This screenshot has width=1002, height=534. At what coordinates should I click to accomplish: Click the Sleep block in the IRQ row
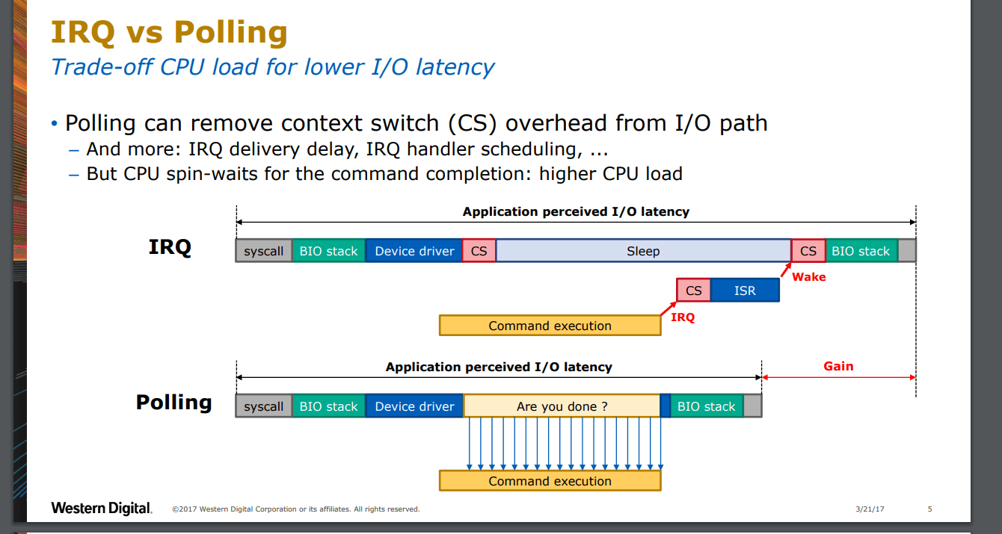(x=643, y=251)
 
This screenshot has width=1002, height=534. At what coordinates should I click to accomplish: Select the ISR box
(x=745, y=291)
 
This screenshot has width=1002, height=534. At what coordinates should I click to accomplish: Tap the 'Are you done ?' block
(x=562, y=406)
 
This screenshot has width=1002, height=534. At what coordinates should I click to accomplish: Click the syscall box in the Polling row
(x=264, y=406)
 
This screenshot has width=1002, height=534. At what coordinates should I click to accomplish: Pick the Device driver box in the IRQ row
(x=414, y=251)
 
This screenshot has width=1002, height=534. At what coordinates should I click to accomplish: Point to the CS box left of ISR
(x=694, y=291)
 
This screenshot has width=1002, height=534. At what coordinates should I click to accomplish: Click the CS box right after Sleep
(x=808, y=251)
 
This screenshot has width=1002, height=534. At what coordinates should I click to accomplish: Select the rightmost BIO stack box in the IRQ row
(x=861, y=251)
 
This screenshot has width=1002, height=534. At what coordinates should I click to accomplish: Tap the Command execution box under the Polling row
(x=550, y=481)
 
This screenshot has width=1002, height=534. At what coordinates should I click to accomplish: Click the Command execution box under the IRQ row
(x=550, y=326)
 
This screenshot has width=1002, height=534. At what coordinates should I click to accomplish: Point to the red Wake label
(x=809, y=277)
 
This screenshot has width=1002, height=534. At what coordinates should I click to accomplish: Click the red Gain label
(x=838, y=367)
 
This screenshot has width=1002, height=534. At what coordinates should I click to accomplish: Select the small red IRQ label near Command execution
(x=683, y=317)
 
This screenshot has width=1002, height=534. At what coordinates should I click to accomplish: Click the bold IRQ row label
(x=170, y=247)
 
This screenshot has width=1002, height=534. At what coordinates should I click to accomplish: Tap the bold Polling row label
(x=173, y=402)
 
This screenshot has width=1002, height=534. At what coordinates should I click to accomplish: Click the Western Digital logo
(x=102, y=508)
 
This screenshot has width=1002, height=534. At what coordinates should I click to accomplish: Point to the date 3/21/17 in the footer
(x=870, y=509)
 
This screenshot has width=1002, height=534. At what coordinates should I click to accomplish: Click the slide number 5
(x=930, y=509)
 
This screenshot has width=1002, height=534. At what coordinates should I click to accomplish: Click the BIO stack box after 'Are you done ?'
(x=707, y=406)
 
